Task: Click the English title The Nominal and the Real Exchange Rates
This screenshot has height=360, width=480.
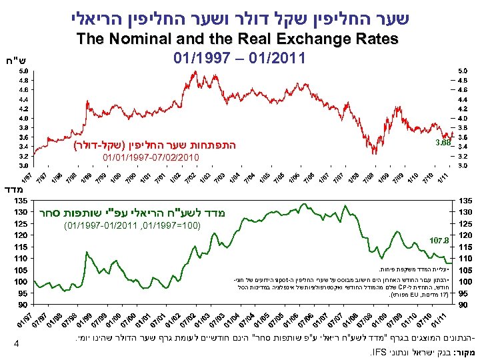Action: coord(239,39)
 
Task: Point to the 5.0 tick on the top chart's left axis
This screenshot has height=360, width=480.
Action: coord(23,69)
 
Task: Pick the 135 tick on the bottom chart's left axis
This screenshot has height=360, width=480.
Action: coord(22,200)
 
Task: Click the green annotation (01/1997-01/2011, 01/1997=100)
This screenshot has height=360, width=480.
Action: coord(133,227)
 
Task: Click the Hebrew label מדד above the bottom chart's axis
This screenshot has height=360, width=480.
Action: coord(13,190)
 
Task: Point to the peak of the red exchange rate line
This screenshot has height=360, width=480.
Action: coord(195,71)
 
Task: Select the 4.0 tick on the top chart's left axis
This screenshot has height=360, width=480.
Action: coord(23,117)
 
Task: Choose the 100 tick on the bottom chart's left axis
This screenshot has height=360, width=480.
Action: coord(22,281)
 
